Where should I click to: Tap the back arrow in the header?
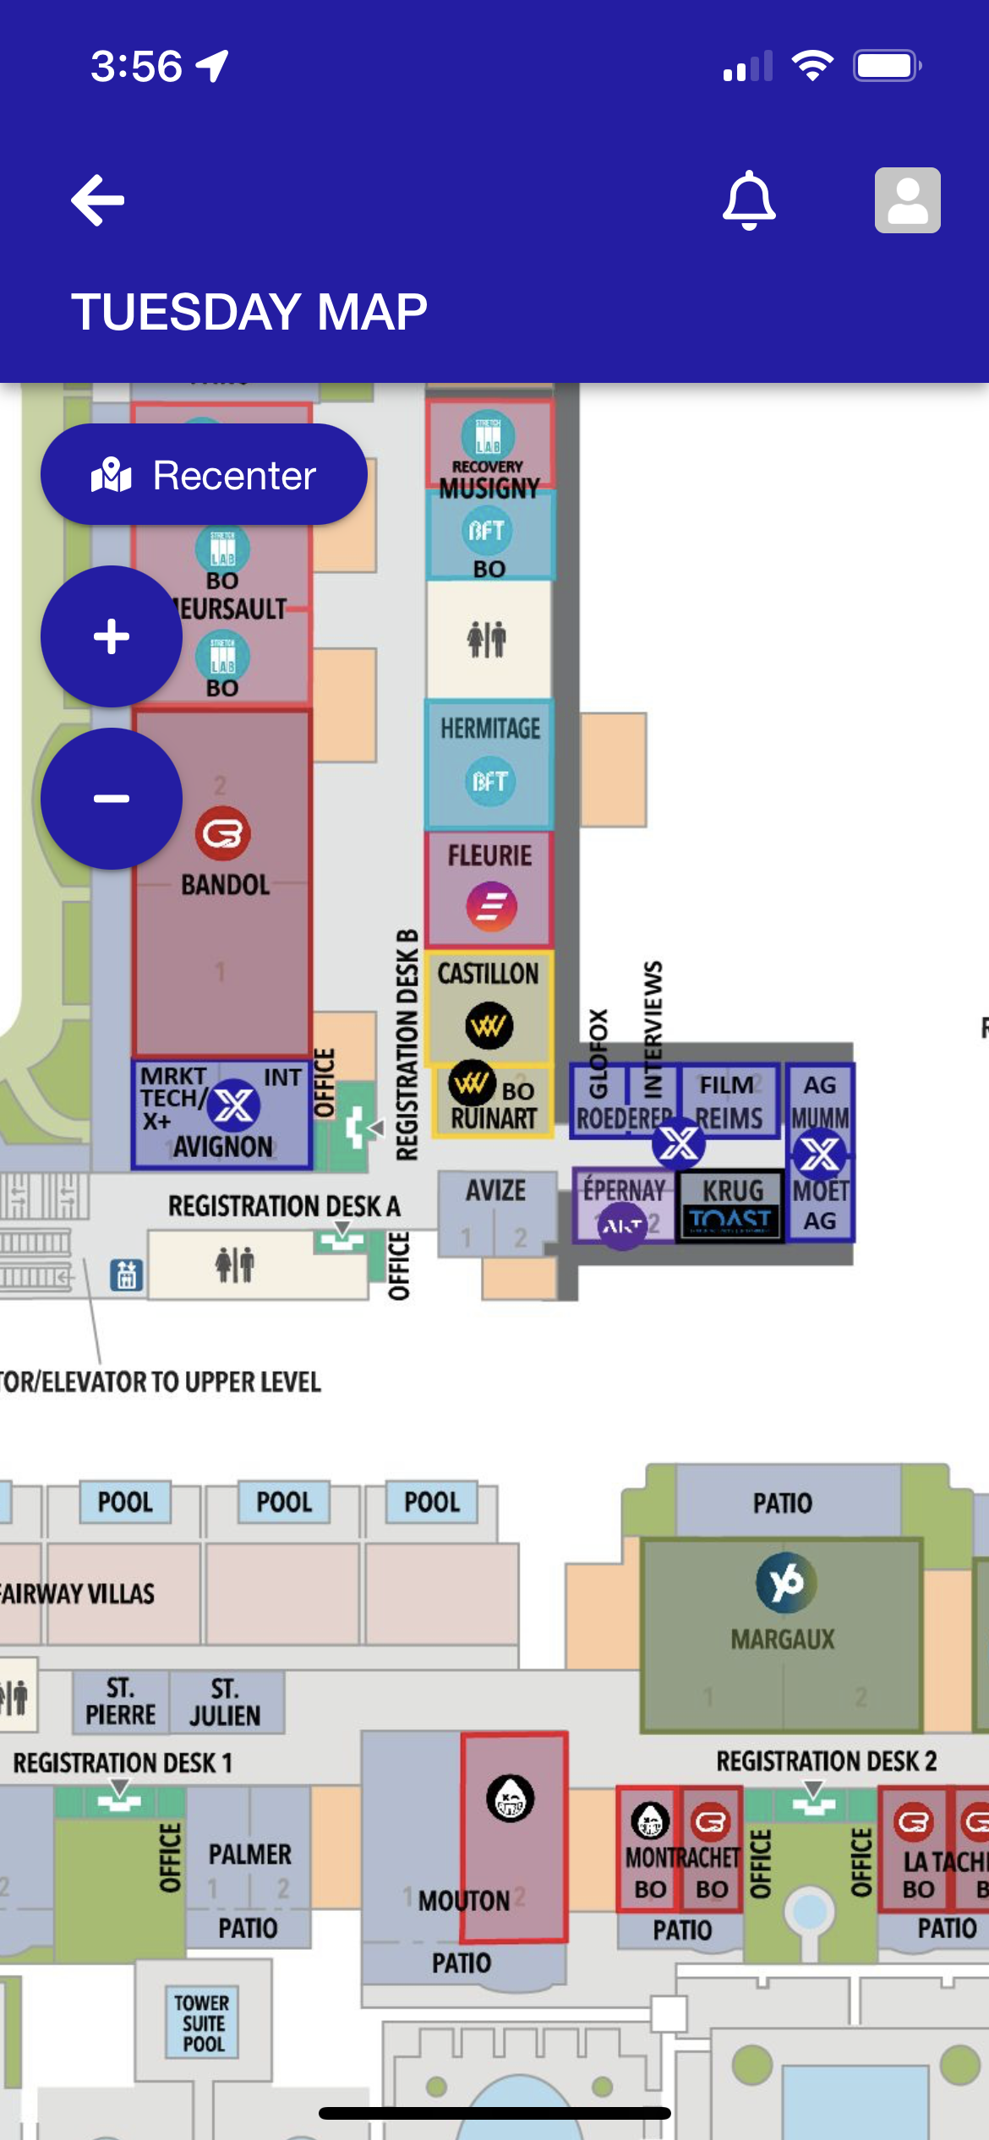(98, 200)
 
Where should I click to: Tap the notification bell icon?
(749, 200)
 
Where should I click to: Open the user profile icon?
(907, 200)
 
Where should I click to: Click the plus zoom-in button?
(112, 636)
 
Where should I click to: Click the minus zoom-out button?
(112, 799)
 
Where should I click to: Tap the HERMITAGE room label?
(490, 729)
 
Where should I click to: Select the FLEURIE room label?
(490, 855)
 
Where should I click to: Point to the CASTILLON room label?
(489, 974)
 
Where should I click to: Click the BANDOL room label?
(226, 885)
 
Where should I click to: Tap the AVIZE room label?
(496, 1191)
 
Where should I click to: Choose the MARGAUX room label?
(783, 1640)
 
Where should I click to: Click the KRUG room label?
(733, 1191)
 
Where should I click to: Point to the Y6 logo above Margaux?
(786, 1582)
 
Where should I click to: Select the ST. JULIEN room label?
(225, 1702)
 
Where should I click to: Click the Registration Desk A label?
(284, 1206)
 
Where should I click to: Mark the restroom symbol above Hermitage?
(488, 639)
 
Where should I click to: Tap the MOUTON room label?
(464, 1902)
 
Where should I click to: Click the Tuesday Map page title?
(249, 311)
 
